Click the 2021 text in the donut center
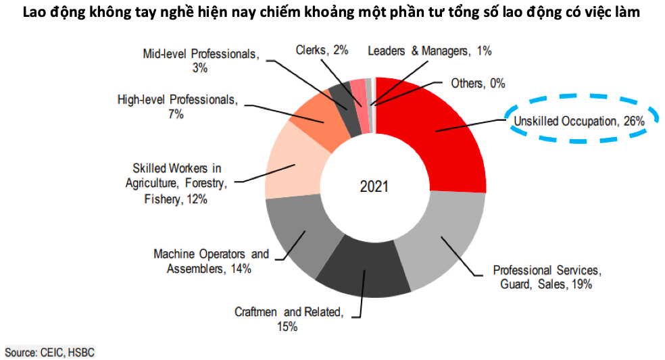[x=374, y=186]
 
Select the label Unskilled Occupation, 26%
[x=578, y=122]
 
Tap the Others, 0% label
[x=478, y=83]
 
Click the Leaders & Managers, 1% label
[x=429, y=50]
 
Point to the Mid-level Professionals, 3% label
[x=201, y=60]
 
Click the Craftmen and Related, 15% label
[x=289, y=319]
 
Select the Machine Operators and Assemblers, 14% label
[x=211, y=261]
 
